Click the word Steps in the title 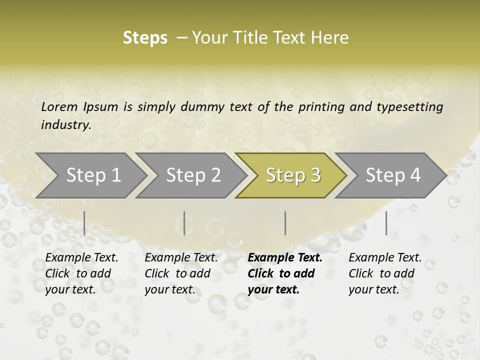tap(145, 38)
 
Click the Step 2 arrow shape tap(193, 175)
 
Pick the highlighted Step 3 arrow tap(293, 175)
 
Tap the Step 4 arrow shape tap(393, 175)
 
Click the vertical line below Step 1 tap(84, 223)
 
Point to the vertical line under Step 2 tap(184, 223)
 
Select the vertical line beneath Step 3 tap(285, 223)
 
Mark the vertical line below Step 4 tap(386, 223)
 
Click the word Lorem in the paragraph tap(59, 106)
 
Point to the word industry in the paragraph tap(66, 124)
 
